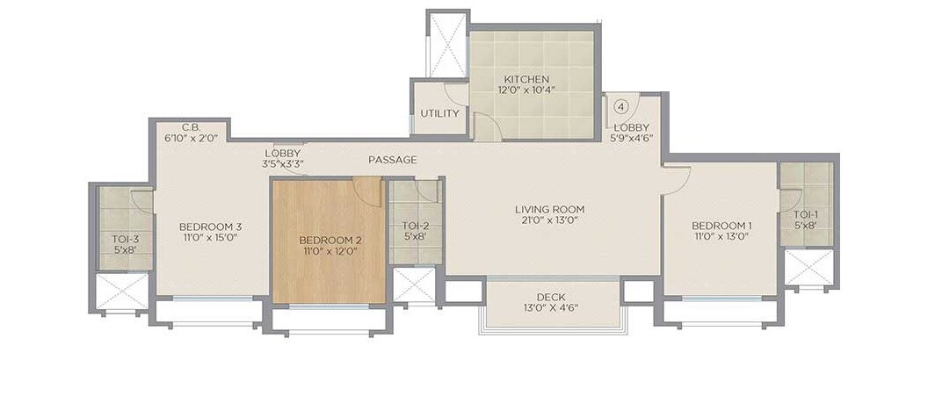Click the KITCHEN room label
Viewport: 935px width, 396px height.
tap(527, 79)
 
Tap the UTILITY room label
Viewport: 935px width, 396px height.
tap(439, 113)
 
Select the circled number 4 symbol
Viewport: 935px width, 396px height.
tap(621, 106)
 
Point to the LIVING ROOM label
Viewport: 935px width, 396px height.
tap(549, 209)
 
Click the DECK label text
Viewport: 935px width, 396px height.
tap(552, 297)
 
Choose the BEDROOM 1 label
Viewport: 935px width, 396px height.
tap(721, 226)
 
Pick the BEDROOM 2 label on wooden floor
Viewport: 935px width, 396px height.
tap(330, 240)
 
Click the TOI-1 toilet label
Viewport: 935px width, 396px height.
tap(806, 214)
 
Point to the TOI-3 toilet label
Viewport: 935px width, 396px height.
tap(126, 238)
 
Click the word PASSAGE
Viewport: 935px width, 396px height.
tap(393, 160)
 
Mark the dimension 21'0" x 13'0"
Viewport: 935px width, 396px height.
tap(549, 221)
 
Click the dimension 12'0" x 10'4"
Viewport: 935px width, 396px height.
tap(527, 90)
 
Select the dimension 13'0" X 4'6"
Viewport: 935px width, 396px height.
tap(552, 308)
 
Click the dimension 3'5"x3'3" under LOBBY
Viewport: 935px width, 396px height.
tap(283, 164)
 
